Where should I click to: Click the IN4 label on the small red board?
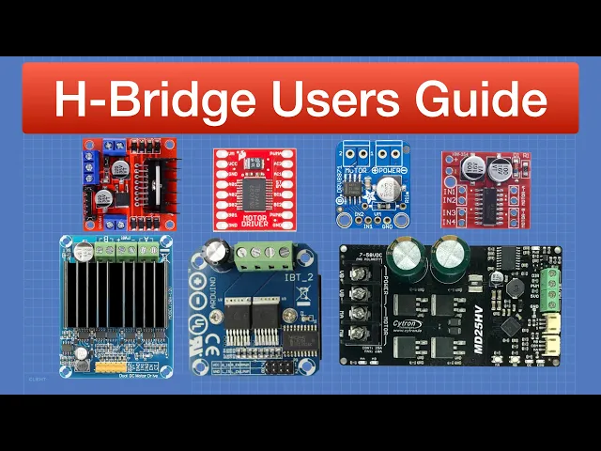449,223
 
